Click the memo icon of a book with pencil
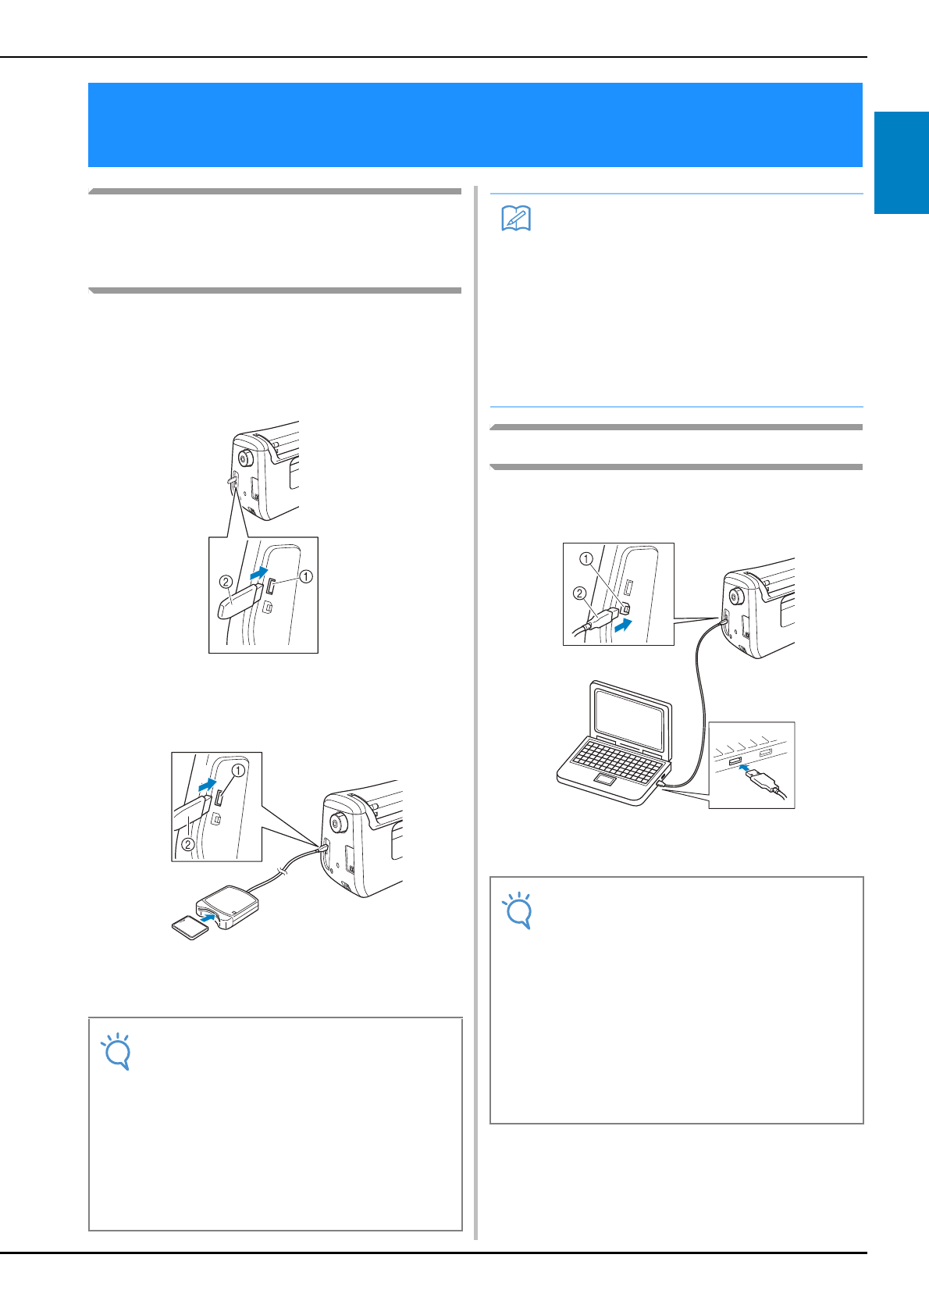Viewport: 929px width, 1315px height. pyautogui.click(x=516, y=219)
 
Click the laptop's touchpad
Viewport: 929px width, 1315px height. pyautogui.click(x=604, y=779)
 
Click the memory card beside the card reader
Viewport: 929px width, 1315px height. pyautogui.click(x=190, y=927)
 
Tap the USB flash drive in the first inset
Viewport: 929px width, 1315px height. pyautogui.click(x=240, y=600)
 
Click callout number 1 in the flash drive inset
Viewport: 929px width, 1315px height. pyautogui.click(x=306, y=576)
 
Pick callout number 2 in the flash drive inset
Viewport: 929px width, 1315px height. pyautogui.click(x=226, y=582)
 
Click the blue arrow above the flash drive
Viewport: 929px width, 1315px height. pyautogui.click(x=259, y=573)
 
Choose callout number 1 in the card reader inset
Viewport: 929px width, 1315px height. pyautogui.click(x=238, y=770)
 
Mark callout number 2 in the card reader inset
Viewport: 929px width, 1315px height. pyautogui.click(x=187, y=845)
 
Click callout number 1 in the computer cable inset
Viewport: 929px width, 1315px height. pyautogui.click(x=586, y=559)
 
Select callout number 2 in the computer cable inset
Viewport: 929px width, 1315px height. pyautogui.click(x=580, y=593)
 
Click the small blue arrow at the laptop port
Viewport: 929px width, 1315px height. pyautogui.click(x=744, y=766)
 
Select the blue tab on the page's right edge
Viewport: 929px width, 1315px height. pyautogui.click(x=902, y=162)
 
